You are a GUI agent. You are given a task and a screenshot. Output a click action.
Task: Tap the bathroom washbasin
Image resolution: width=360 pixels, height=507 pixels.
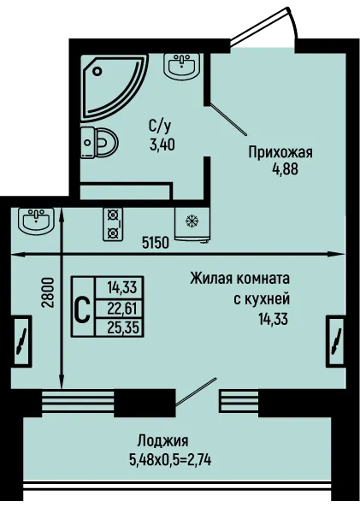coord(180,65)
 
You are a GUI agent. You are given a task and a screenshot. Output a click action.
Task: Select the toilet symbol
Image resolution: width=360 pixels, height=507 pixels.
coord(99,142)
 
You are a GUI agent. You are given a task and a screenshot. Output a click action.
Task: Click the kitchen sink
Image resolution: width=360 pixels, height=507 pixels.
coord(36,220)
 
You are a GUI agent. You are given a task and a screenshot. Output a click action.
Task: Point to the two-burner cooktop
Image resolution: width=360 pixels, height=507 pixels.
coord(113,224)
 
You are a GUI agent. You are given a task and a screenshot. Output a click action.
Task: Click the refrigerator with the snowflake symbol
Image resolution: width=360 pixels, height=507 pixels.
coord(192,224)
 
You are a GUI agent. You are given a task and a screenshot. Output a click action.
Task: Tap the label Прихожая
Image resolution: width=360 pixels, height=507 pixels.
coord(280,152)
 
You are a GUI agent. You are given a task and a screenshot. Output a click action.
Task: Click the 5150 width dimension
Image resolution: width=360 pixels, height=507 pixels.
coord(156,243)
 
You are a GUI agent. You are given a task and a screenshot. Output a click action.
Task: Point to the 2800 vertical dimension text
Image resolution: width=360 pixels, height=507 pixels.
coord(47,293)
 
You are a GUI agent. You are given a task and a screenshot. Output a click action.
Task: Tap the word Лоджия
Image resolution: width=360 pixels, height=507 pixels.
coord(163,440)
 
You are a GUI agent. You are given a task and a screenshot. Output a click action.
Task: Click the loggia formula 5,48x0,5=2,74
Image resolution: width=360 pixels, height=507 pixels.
coord(170,459)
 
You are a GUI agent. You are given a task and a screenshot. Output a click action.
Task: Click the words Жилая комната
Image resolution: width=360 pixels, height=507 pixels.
coord(239,279)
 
